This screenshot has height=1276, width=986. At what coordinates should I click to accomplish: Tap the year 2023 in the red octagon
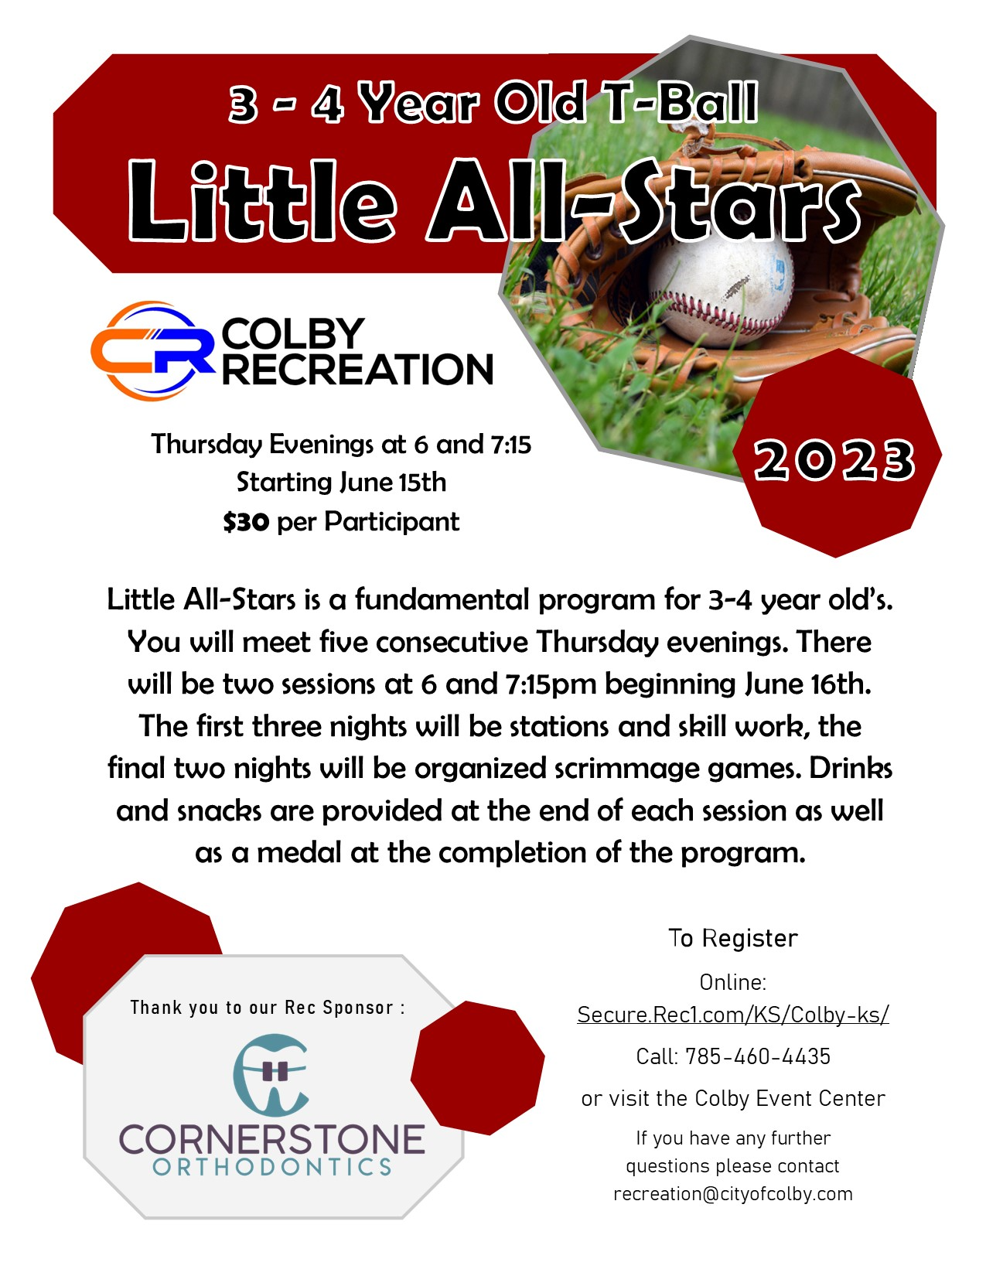tap(834, 460)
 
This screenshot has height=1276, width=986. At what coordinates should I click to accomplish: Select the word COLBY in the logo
tap(292, 334)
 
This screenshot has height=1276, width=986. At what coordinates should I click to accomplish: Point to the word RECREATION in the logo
tap(357, 370)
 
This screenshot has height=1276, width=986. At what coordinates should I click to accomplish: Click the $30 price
tap(246, 523)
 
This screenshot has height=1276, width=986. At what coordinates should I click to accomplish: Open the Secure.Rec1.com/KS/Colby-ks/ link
tap(732, 1015)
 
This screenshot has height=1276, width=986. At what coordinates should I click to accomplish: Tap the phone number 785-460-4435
tap(757, 1056)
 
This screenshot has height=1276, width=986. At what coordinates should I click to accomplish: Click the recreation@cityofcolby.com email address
tap(732, 1194)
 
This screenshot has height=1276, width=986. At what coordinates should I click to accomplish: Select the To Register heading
tap(732, 938)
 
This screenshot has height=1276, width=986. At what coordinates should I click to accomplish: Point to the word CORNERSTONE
tap(271, 1139)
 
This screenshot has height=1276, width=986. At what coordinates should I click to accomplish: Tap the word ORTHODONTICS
tap(271, 1167)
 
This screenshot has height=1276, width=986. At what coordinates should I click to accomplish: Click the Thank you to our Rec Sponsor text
tap(268, 1008)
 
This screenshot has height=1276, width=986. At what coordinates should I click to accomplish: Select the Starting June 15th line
tap(341, 483)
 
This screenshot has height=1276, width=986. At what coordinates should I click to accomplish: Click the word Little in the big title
tap(261, 201)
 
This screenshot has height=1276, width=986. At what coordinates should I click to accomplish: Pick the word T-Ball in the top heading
tap(681, 103)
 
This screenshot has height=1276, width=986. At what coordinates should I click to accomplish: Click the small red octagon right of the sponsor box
tap(477, 1068)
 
